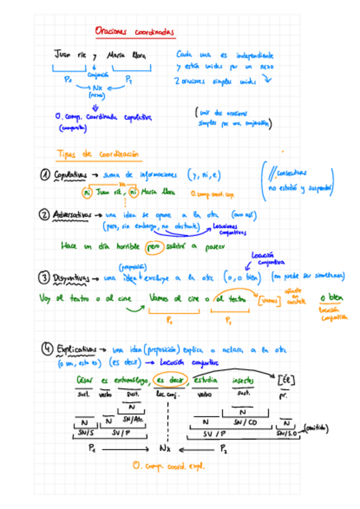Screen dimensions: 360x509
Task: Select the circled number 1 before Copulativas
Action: [x=46, y=175]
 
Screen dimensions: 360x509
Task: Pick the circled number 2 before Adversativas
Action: [x=44, y=214]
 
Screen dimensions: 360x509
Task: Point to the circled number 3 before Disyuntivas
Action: [x=44, y=279]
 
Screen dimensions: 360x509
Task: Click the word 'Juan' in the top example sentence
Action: [x=63, y=55]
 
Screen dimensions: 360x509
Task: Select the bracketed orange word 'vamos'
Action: [x=268, y=298]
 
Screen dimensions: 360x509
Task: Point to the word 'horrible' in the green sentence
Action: [x=127, y=247]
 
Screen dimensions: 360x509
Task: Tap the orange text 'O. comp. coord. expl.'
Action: [x=169, y=465]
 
